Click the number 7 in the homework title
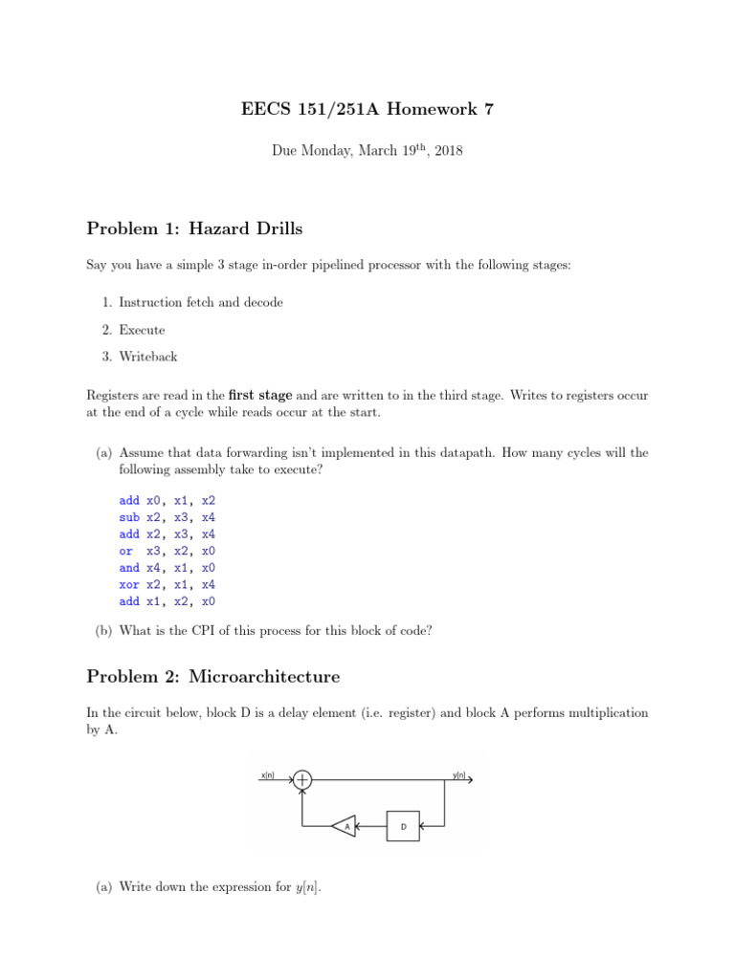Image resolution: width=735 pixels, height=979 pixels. tap(489, 110)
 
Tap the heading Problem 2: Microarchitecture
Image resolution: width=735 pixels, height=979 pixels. tap(212, 676)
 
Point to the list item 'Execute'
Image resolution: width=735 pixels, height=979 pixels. tap(142, 330)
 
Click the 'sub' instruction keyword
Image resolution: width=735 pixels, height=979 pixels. tap(129, 517)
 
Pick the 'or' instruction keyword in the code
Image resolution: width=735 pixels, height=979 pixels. tap(125, 551)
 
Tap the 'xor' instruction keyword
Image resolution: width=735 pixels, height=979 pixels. tap(129, 585)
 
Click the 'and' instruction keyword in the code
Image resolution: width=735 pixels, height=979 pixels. tap(129, 568)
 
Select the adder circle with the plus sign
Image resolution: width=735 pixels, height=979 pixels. tap(302, 779)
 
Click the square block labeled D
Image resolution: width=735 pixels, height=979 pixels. tap(403, 824)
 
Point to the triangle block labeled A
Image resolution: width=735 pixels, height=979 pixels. tap(345, 824)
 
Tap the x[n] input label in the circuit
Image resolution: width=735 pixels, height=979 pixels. tap(268, 775)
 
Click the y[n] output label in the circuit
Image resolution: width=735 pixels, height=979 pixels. tap(460, 775)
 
